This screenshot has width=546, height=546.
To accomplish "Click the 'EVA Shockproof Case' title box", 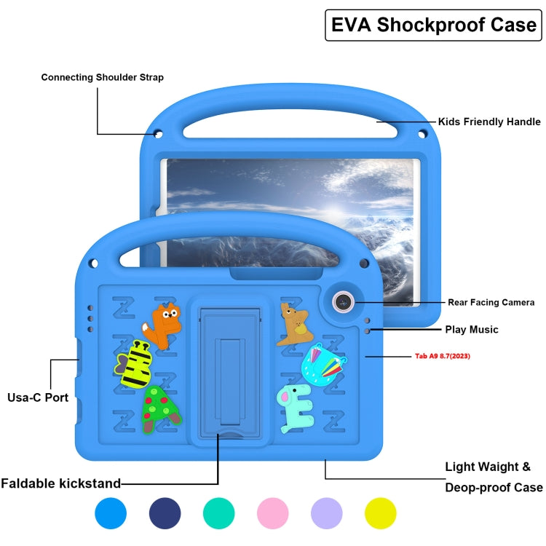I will (433, 25).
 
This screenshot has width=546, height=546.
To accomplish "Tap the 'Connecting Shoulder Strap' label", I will (102, 77).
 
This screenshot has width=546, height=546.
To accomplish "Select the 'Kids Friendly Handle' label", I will (488, 122).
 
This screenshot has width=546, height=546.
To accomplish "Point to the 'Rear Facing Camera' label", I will (491, 302).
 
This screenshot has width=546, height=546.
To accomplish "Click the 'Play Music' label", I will (472, 330).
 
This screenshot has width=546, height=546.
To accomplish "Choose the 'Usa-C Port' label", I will (38, 397).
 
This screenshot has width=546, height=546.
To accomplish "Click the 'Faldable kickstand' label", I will (61, 483).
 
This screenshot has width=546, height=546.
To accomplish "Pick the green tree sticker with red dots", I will (160, 410).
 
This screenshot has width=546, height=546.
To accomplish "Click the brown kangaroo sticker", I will (294, 324).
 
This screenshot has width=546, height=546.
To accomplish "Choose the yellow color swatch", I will (380, 513).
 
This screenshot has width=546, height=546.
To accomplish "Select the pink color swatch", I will (273, 513).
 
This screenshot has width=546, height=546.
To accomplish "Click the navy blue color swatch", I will (165, 513).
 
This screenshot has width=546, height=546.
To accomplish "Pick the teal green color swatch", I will (219, 513).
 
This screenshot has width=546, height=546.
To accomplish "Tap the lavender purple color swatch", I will (326, 513).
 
